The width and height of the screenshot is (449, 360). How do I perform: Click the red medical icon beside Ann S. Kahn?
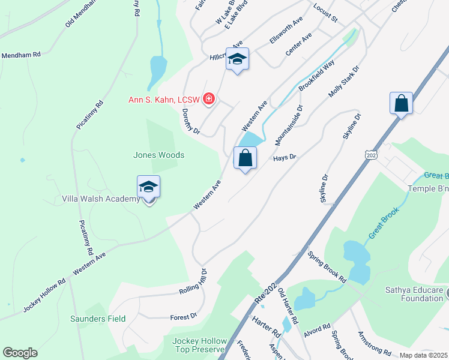(x=209, y=98)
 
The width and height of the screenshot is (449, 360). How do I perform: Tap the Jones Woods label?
(x=158, y=155)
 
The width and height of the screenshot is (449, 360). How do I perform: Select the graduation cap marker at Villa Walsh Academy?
(x=148, y=187)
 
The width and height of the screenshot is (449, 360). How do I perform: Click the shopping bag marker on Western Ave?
(x=245, y=158)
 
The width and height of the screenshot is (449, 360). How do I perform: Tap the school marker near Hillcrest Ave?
(x=237, y=59)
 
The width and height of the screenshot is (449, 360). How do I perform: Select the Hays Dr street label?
(x=285, y=157)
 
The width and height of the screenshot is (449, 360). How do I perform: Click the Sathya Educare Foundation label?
(x=414, y=294)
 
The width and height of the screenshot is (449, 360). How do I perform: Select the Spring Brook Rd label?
(x=327, y=267)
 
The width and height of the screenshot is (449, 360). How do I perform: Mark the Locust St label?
(x=325, y=13)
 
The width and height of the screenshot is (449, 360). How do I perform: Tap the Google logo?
(x=20, y=353)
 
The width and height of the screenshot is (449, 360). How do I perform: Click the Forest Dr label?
(x=183, y=316)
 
